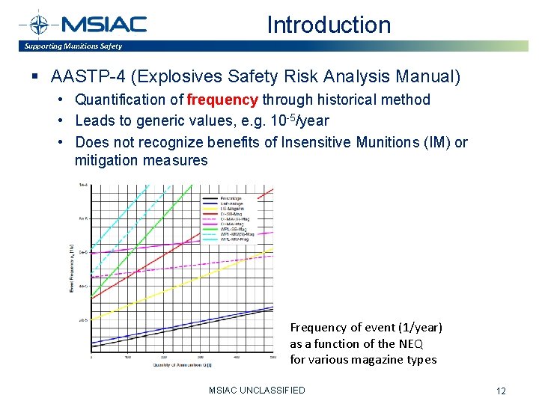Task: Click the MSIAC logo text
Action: pyautogui.click(x=105, y=24)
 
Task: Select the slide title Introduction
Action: pyautogui.click(x=329, y=25)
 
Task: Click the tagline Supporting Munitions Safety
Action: pyautogui.click(x=73, y=46)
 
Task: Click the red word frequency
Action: pyautogui.click(x=222, y=100)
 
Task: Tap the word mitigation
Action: pyautogui.click(x=106, y=160)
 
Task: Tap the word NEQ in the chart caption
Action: pyautogui.click(x=411, y=343)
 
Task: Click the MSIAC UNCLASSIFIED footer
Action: pyautogui.click(x=257, y=390)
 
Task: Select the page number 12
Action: pyautogui.click(x=501, y=391)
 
